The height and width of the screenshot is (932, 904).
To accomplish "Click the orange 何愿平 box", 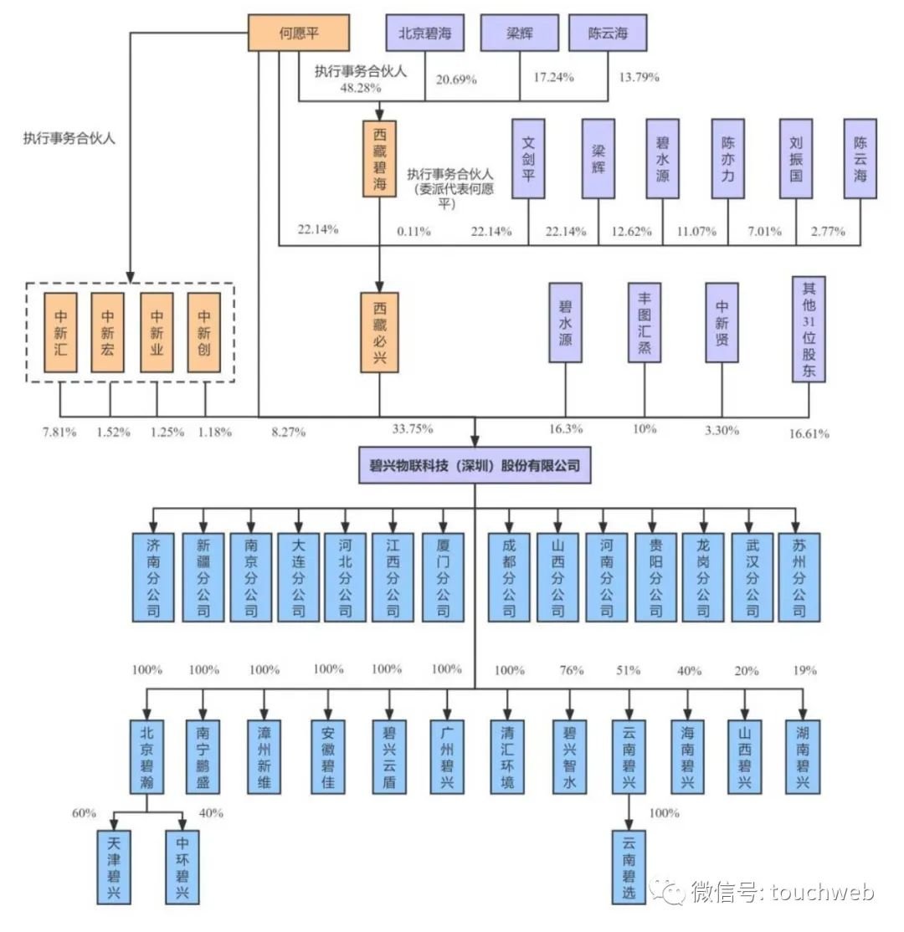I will [x=300, y=33].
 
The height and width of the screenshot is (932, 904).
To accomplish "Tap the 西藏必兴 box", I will [x=380, y=332].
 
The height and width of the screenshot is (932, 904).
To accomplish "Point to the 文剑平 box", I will [x=528, y=158].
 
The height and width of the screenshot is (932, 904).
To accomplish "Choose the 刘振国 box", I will [x=796, y=158].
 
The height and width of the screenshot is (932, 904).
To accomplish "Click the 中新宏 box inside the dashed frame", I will [x=108, y=332].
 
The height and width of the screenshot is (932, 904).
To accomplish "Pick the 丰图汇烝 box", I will [x=645, y=322].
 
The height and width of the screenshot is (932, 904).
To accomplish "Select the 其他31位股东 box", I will [x=809, y=330].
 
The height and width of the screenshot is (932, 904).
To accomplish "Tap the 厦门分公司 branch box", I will [x=443, y=577].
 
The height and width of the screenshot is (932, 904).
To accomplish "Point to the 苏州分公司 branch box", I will [x=799, y=577].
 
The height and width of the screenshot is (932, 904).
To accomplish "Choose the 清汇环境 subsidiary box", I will [x=507, y=756].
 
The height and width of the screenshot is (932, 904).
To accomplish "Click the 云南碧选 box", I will [x=628, y=866].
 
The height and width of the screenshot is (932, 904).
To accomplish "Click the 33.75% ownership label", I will [x=412, y=429].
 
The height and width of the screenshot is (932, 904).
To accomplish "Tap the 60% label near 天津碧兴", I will [x=85, y=813].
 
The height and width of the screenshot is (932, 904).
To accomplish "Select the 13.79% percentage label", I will [x=639, y=78].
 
